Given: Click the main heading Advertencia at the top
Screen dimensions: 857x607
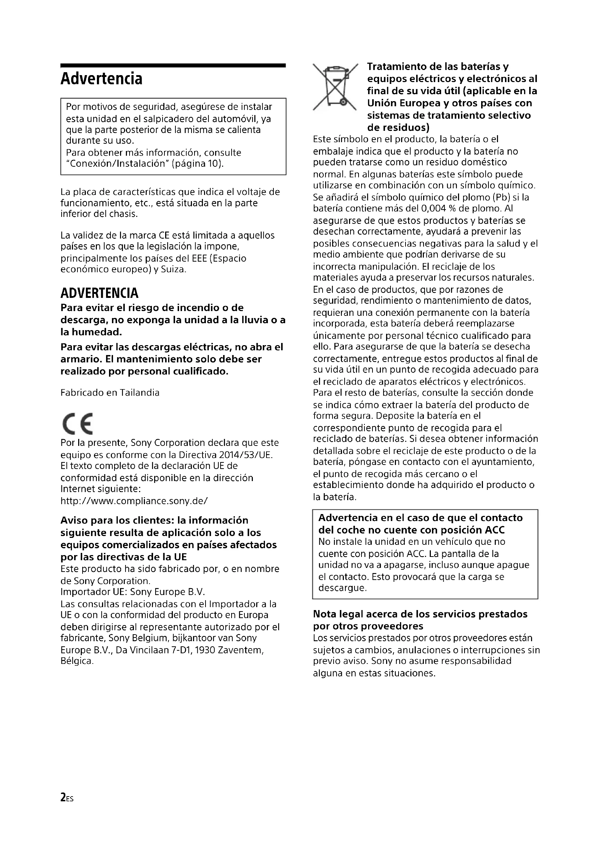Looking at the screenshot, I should [x=101, y=79].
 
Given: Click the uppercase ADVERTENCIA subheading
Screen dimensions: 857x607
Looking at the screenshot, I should [x=99, y=293].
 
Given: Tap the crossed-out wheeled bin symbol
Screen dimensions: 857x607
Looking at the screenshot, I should [x=335, y=87].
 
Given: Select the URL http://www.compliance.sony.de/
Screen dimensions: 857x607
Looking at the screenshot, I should [x=134, y=501].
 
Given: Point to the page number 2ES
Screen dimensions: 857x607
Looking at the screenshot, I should [x=67, y=798].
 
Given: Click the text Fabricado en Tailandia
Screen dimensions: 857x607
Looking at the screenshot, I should [x=110, y=393].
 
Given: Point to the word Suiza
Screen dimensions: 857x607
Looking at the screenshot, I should [x=173, y=269].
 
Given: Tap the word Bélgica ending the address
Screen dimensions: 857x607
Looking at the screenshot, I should [x=77, y=661].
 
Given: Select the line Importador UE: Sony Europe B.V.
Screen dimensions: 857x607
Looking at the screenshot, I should [x=133, y=592].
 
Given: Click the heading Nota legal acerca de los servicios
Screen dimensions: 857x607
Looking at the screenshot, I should [x=420, y=614].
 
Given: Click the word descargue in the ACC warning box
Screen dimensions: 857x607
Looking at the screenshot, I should [x=342, y=588].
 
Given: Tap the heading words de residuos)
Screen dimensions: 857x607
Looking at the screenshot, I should [x=399, y=128].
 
